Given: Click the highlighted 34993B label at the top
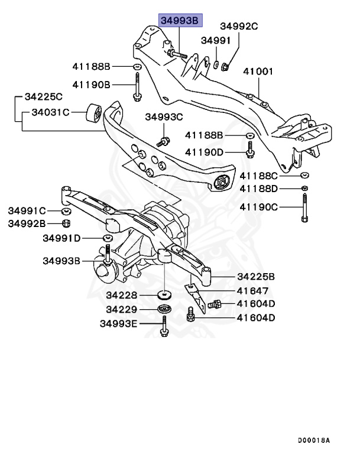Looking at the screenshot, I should (x=180, y=21).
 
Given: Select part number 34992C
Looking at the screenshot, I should (x=239, y=26).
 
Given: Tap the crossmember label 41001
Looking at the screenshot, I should (x=260, y=72).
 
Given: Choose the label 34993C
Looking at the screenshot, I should (x=164, y=117).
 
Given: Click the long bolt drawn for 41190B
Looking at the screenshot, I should (x=137, y=86).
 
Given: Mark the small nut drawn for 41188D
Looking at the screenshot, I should (x=303, y=189).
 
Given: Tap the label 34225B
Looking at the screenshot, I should (x=256, y=276).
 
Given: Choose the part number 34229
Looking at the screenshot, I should (x=122, y=309).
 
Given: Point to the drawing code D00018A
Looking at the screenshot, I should (x=314, y=440).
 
